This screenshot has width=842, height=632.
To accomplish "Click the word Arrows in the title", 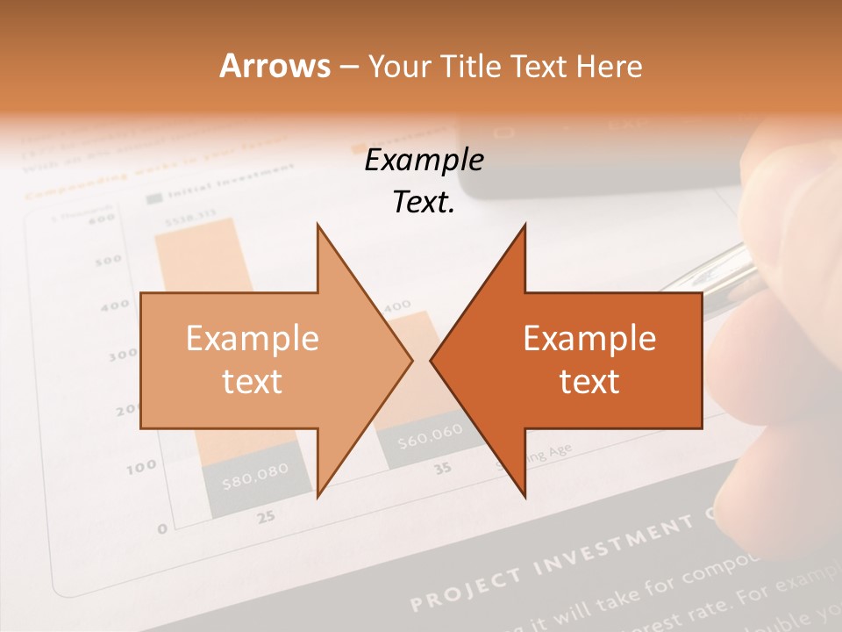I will (x=275, y=66).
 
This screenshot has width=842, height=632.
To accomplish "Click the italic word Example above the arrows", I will (x=424, y=161).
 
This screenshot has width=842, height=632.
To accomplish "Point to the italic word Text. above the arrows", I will (x=424, y=202).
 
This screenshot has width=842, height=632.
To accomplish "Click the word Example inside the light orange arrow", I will (x=252, y=339).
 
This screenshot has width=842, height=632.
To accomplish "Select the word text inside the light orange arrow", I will (x=252, y=382).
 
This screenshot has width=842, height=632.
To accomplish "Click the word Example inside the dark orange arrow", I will (x=589, y=339).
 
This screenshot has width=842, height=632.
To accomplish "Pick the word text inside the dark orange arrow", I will (x=589, y=382).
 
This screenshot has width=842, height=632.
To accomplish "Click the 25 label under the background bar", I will (x=265, y=516).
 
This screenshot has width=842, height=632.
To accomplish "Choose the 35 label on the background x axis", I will (x=443, y=469).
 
